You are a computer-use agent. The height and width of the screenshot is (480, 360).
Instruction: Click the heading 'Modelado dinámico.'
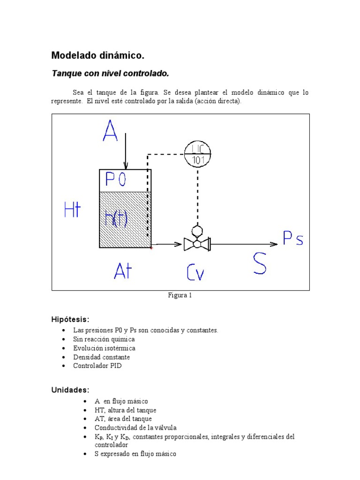97,56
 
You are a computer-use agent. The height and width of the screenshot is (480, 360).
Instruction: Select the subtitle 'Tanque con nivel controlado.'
110,74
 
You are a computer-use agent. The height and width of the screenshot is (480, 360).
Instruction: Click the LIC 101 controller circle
197,153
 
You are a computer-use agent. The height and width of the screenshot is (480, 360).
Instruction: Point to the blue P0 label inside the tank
115,180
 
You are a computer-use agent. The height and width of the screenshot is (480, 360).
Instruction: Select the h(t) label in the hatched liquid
116,217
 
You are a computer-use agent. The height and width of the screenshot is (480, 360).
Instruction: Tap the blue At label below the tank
123,271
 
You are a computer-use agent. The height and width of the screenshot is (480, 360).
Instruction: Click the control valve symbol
197,244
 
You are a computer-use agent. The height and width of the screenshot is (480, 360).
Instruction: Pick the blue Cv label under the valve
195,272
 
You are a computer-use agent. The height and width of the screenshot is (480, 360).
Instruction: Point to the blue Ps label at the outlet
293,239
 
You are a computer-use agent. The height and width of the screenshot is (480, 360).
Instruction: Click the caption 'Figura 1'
180,295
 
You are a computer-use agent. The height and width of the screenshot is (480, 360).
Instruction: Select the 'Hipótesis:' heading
70,319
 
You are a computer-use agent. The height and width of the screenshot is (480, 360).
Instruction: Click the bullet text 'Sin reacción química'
104,339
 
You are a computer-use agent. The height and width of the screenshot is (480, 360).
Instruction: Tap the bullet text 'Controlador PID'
97,366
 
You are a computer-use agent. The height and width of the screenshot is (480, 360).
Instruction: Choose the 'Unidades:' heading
70,390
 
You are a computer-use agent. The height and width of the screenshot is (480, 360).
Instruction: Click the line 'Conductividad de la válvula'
135,427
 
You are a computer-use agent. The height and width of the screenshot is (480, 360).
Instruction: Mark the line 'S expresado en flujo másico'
135,454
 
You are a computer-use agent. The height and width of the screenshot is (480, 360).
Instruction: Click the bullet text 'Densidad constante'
101,357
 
